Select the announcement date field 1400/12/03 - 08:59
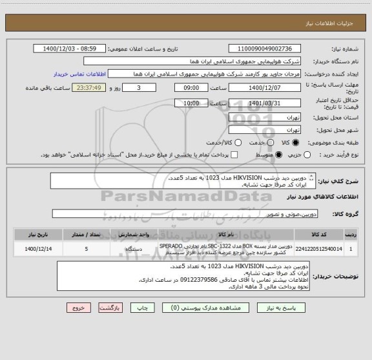coord(69,48)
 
